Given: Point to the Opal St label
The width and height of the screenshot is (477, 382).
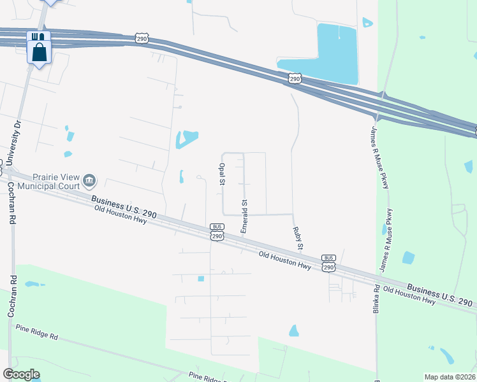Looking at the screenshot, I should click(x=222, y=173).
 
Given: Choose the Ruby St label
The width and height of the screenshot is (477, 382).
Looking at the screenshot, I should click(x=297, y=237).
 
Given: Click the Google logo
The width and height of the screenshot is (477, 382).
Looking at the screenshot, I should click(x=21, y=374).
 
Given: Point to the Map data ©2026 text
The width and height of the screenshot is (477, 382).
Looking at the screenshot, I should click(x=449, y=377).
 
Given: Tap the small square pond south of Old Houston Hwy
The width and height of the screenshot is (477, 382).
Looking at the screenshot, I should click(x=201, y=278).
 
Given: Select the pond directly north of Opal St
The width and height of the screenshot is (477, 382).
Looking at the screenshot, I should click(x=187, y=138).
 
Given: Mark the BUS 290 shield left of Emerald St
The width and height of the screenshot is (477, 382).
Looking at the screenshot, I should click(x=217, y=232).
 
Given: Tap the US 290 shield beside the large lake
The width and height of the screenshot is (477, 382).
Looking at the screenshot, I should click(x=294, y=78).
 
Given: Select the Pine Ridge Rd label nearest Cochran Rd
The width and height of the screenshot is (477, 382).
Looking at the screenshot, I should click(x=36, y=331).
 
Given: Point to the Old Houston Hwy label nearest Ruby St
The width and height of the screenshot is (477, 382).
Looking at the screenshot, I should click(x=284, y=260).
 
